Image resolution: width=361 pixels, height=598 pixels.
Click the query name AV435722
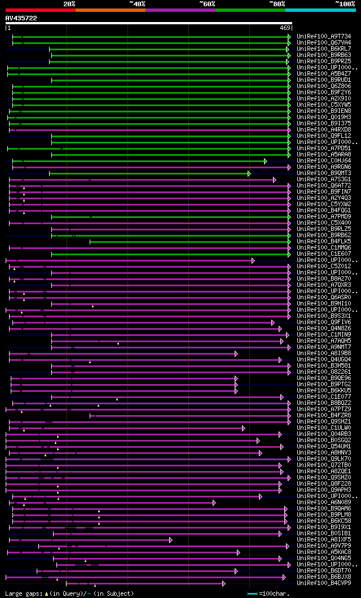tap(21, 18)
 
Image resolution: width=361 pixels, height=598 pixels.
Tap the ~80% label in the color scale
tap(276, 4)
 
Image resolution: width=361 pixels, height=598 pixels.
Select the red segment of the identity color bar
tap(40, 10)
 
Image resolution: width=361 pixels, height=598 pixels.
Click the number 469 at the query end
tap(285, 28)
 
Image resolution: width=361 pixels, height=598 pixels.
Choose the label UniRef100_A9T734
tap(324, 36)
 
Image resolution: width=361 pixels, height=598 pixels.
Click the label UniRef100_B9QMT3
tap(324, 173)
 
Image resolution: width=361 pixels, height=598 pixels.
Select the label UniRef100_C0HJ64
tap(324, 161)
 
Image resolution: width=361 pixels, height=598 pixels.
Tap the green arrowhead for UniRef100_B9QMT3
tap(249, 173)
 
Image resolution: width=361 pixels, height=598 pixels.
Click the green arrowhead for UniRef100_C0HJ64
tap(265, 161)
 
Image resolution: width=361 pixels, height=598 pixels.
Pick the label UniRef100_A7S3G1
tap(324, 180)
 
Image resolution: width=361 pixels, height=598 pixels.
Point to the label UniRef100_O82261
tap(324, 372)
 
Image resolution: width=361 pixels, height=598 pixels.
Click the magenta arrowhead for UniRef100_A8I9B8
tap(236, 353)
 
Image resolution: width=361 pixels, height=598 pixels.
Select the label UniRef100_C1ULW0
tap(324, 428)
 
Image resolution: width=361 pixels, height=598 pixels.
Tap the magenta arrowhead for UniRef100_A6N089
tap(214, 503)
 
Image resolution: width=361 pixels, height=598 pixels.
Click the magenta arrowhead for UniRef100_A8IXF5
tap(170, 540)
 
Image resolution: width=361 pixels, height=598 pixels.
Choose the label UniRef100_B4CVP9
tap(324, 583)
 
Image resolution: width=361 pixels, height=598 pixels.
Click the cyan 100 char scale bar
tap(252, 593)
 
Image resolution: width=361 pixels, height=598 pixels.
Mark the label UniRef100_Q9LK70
tap(324, 459)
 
